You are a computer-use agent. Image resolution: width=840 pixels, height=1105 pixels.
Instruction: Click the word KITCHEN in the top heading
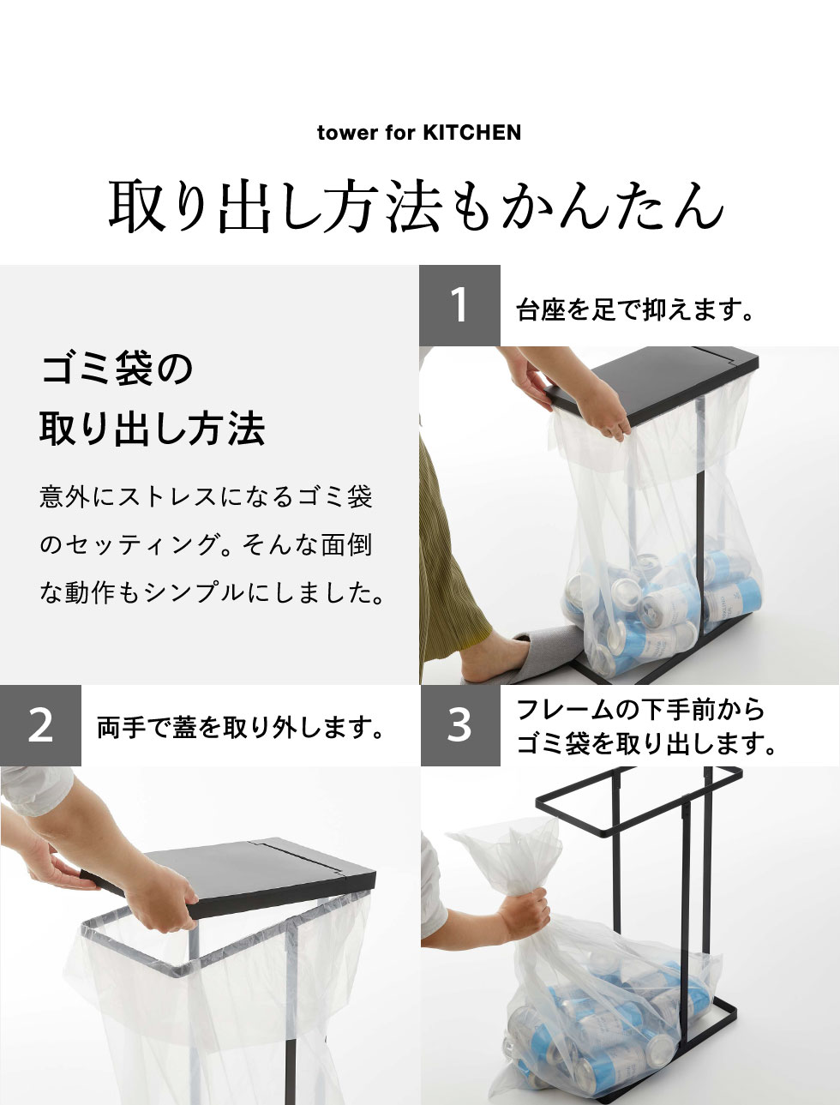471,133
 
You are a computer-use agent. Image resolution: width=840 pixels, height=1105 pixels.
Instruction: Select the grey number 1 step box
459,305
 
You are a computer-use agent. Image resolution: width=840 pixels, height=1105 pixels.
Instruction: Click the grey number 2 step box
40,725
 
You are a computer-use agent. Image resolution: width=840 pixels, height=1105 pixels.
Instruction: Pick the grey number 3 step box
460,725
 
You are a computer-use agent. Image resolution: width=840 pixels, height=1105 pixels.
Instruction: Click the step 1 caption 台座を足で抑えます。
634,309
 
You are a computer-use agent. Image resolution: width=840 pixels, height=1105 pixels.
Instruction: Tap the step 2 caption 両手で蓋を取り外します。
241,728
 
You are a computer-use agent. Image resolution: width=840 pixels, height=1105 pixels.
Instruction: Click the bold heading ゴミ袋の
117,369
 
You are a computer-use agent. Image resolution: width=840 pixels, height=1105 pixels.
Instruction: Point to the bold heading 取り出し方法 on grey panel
153,429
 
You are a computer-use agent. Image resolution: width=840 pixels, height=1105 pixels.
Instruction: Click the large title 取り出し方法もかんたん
417,207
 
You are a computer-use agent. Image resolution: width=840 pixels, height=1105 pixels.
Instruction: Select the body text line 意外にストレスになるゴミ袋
207,497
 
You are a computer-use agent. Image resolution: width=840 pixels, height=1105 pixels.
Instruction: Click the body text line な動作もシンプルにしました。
212,593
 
